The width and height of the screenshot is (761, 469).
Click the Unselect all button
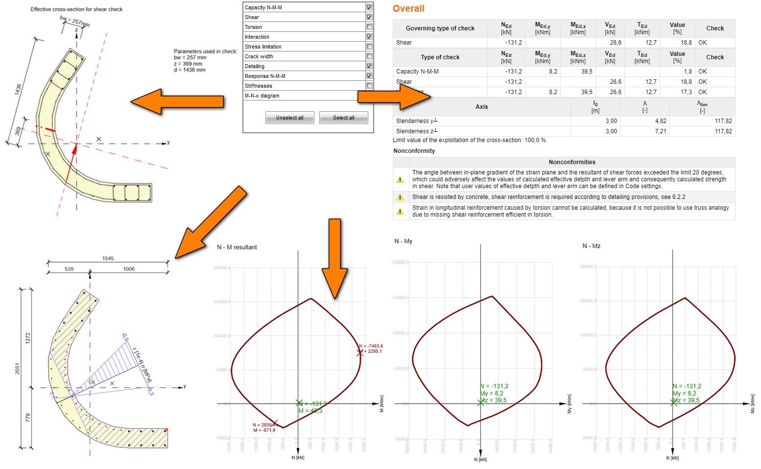tap(289, 118)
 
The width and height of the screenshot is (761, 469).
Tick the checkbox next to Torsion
tap(369, 27)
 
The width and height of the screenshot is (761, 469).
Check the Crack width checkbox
tap(369, 56)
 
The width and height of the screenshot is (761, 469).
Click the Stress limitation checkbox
tap(369, 47)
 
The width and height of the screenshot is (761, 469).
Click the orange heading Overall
tap(408, 9)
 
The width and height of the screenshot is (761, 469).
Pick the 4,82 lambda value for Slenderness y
tap(661, 121)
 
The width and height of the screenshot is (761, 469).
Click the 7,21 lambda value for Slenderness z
tap(661, 131)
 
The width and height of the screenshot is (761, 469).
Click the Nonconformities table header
tap(571, 162)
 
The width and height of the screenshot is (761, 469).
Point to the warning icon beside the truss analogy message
tap(400, 211)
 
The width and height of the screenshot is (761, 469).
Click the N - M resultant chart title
tap(237, 247)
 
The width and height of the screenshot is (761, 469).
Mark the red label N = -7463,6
tap(371, 346)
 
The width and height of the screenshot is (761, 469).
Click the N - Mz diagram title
tap(591, 246)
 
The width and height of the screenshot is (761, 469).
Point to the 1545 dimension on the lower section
tap(108, 259)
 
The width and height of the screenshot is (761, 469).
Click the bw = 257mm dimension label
tap(75, 22)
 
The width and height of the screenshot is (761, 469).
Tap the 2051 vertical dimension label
tap(18, 369)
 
